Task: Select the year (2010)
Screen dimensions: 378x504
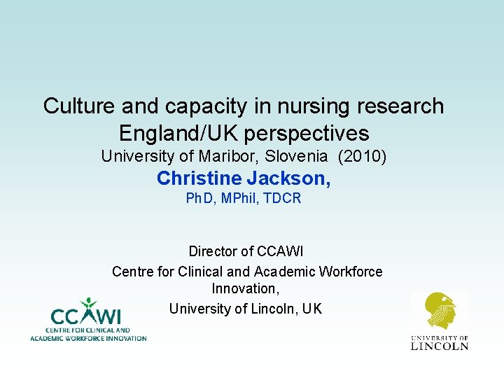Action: (362, 156)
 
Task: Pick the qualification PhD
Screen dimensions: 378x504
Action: (200, 199)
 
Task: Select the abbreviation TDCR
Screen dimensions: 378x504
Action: (283, 199)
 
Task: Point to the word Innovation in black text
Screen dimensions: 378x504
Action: (245, 288)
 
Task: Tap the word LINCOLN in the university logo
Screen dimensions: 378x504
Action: (439, 345)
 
